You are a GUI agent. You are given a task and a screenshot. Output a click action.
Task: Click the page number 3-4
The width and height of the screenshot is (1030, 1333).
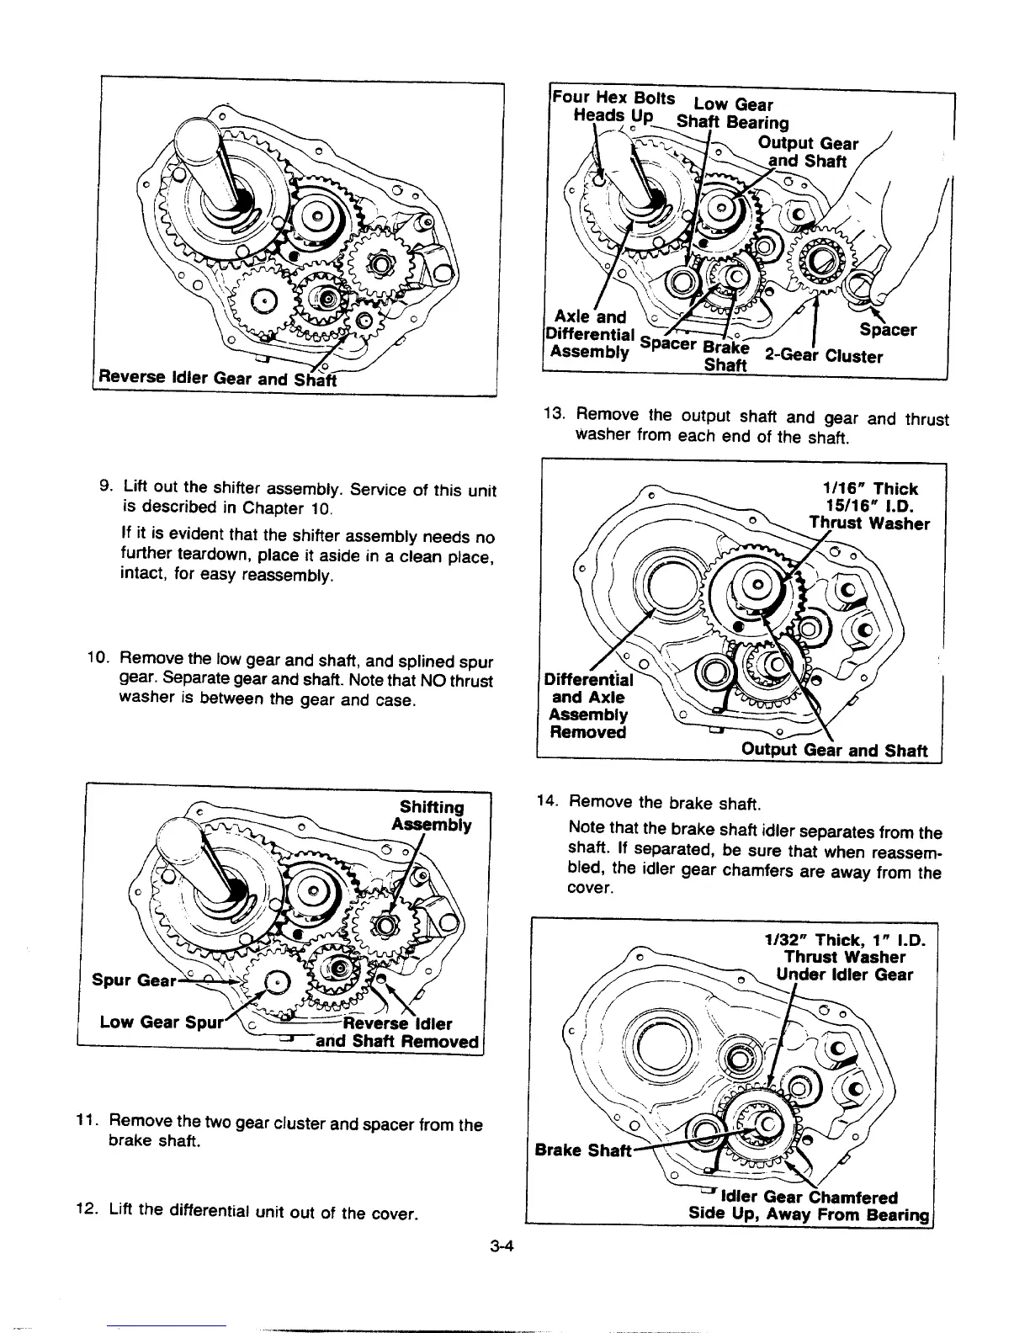[502, 1248]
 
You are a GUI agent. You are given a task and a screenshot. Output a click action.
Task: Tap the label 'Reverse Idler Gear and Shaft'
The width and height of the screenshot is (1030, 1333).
[216, 379]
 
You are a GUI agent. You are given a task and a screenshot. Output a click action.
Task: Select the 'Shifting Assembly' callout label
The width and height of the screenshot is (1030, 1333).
[432, 815]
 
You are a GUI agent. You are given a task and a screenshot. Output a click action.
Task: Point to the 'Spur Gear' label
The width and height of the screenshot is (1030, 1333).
[135, 981]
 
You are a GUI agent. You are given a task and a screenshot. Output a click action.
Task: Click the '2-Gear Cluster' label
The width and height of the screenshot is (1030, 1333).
[823, 356]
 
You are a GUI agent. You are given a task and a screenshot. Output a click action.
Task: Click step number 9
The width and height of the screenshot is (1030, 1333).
[107, 489]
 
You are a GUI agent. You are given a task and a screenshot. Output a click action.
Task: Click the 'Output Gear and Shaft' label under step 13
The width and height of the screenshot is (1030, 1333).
[835, 751]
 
